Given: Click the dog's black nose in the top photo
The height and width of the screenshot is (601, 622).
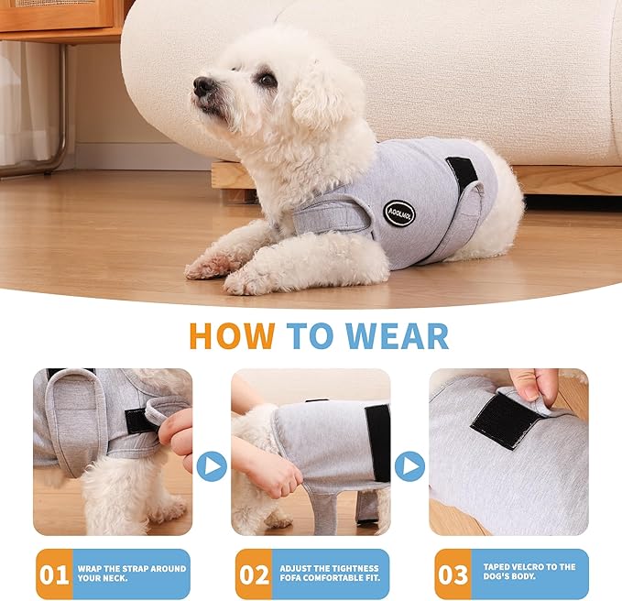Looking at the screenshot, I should click(x=203, y=86).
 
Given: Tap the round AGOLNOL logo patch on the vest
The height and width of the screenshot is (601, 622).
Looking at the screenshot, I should click(x=399, y=214).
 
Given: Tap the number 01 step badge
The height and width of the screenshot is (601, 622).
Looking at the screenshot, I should click(x=53, y=574).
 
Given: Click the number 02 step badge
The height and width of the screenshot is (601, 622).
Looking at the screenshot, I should click(x=253, y=574).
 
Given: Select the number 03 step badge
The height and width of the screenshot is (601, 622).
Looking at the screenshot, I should click(x=452, y=574).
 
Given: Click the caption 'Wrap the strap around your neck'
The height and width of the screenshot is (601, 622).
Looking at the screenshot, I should click(x=129, y=574).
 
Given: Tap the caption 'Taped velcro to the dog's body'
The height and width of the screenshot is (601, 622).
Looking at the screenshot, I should click(x=528, y=574).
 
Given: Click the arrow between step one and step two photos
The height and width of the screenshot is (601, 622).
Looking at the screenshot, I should click(x=212, y=466).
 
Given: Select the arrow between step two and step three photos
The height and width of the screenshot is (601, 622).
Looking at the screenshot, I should click(x=409, y=466).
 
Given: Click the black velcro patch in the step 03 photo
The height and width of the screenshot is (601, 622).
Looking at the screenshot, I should click(x=506, y=421).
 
